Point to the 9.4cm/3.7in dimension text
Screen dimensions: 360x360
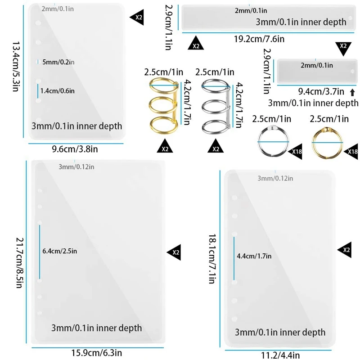click(321, 92)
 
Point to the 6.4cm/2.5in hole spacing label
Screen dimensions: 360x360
click(59, 251)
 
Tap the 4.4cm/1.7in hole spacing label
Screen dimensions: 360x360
click(253, 256)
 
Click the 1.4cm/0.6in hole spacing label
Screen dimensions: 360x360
click(58, 91)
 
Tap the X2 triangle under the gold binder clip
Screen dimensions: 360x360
click(165, 147)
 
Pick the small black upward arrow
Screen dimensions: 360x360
click(352, 93)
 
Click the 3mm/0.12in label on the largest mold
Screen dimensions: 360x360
click(77, 167)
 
